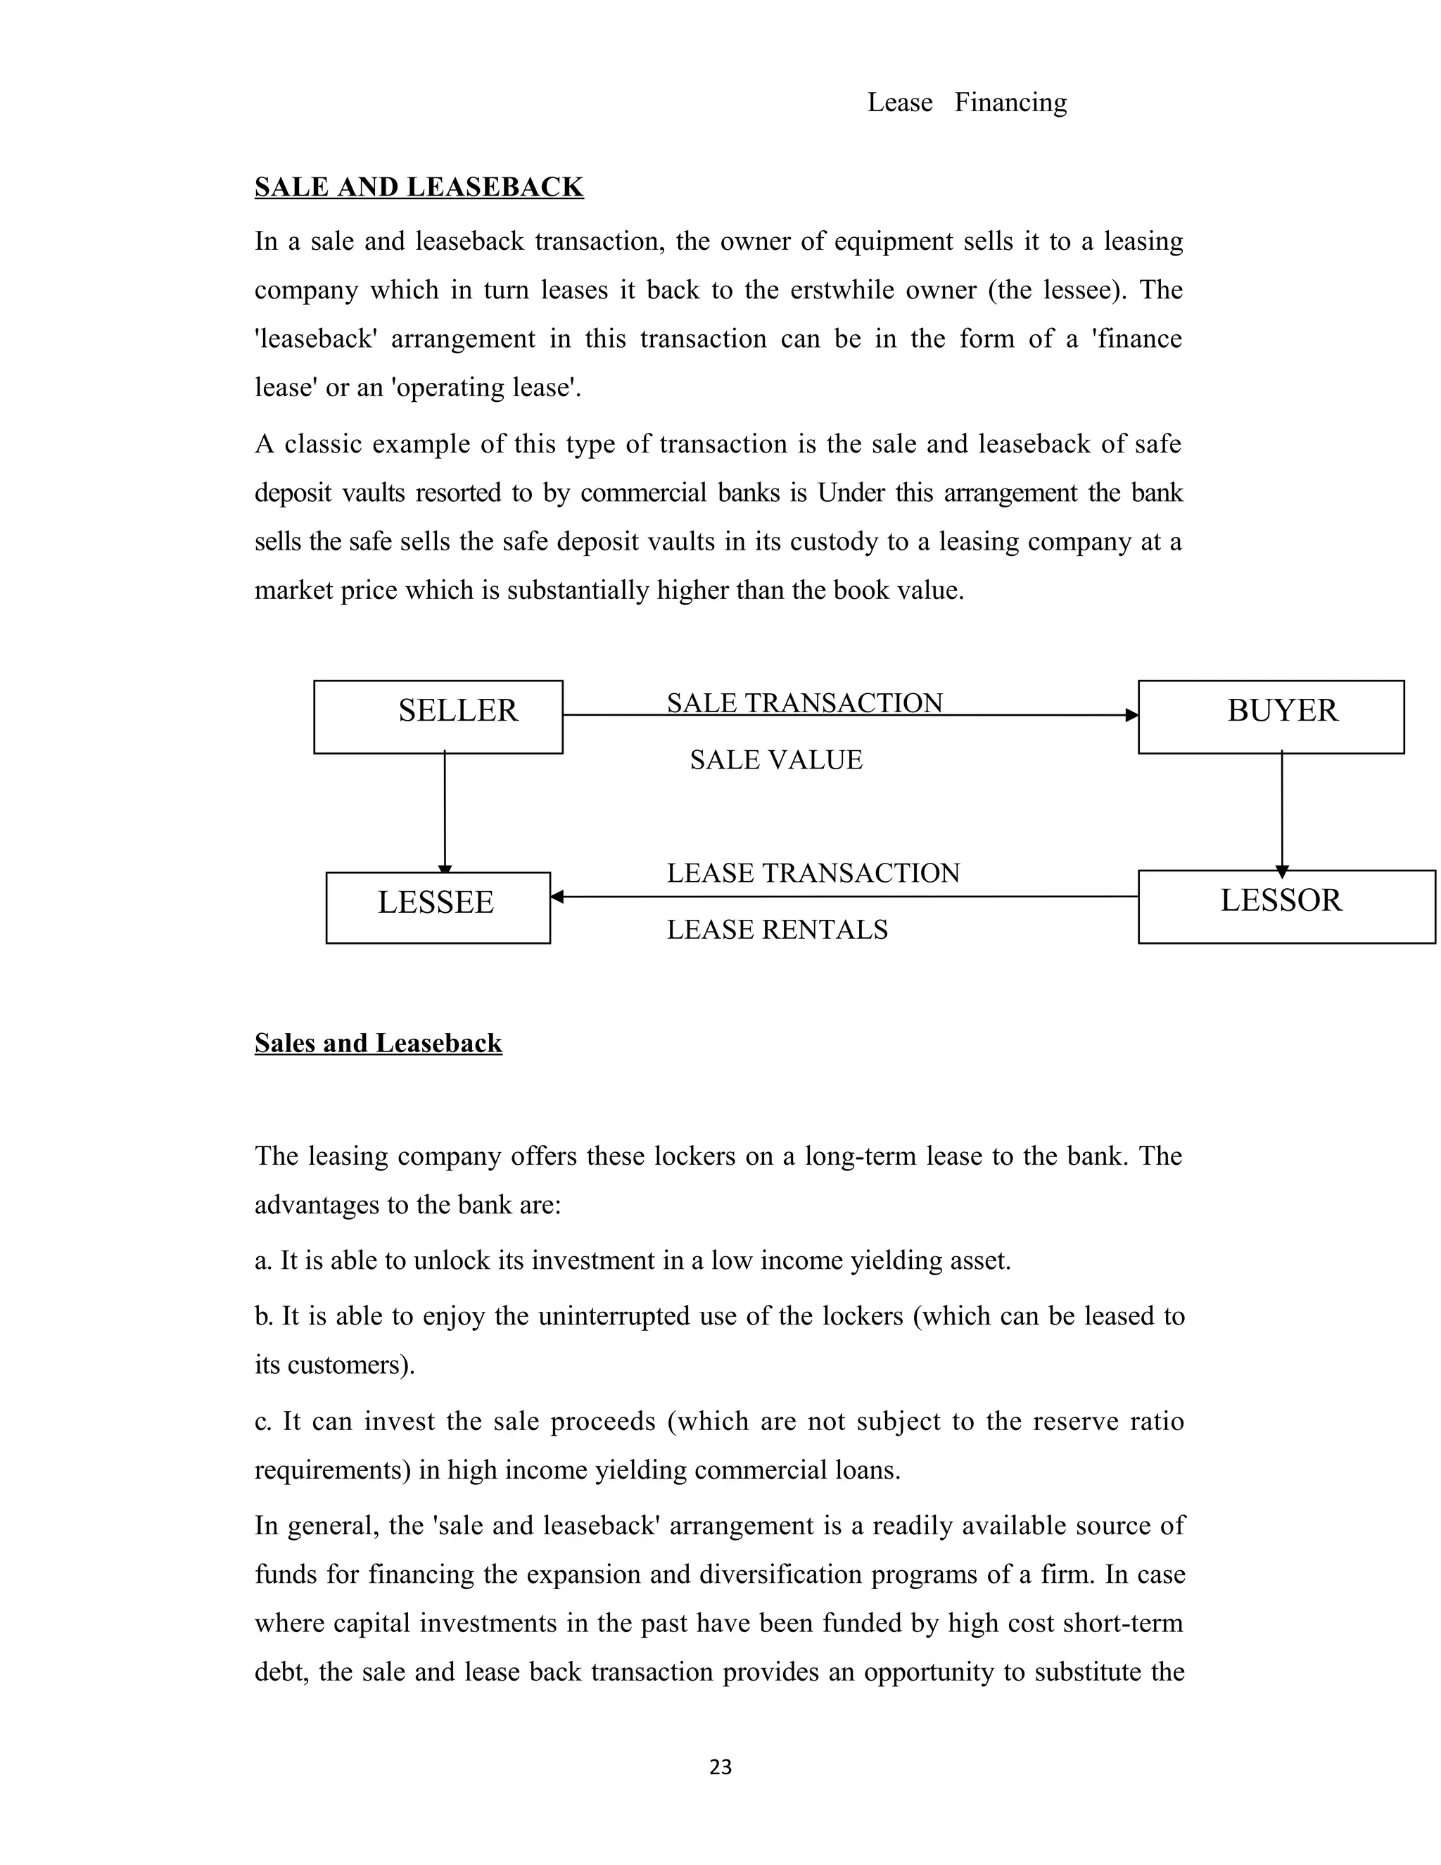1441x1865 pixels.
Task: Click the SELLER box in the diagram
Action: pos(438,716)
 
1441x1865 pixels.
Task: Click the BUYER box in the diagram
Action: pos(1270,716)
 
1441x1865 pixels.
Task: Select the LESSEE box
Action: pos(437,907)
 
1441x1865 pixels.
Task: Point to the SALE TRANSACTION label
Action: pos(804,703)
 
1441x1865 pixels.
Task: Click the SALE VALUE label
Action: pos(776,759)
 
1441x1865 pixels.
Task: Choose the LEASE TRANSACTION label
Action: pos(813,873)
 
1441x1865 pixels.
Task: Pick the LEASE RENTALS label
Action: pos(777,929)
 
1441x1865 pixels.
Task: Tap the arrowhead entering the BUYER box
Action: pos(1131,716)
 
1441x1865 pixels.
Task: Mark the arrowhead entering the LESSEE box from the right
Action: pos(557,897)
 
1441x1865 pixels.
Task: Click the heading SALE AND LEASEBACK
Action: pos(419,186)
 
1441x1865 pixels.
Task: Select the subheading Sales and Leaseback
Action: pos(378,1043)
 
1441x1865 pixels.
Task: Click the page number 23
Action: pos(720,1766)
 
